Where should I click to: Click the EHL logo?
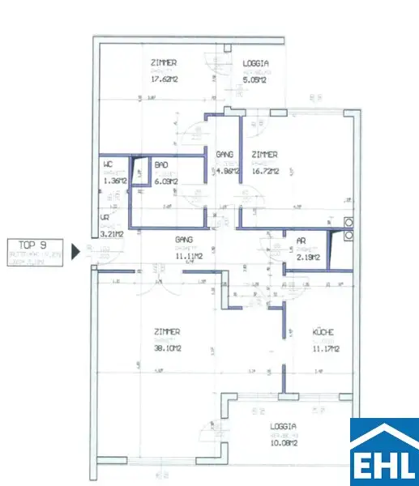pyautogui.click(x=383, y=452)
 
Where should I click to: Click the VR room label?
pyautogui.click(x=105, y=218)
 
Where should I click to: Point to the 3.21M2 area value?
pyautogui.click(x=111, y=234)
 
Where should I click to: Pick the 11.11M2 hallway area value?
pyautogui.click(x=189, y=257)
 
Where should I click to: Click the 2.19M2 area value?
pyautogui.click(x=307, y=258)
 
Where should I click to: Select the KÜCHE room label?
pyautogui.click(x=324, y=332)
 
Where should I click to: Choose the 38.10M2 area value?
pyautogui.click(x=168, y=350)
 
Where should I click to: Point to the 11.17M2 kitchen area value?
pyautogui.click(x=326, y=350)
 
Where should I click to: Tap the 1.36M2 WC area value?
pyautogui.click(x=114, y=181)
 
